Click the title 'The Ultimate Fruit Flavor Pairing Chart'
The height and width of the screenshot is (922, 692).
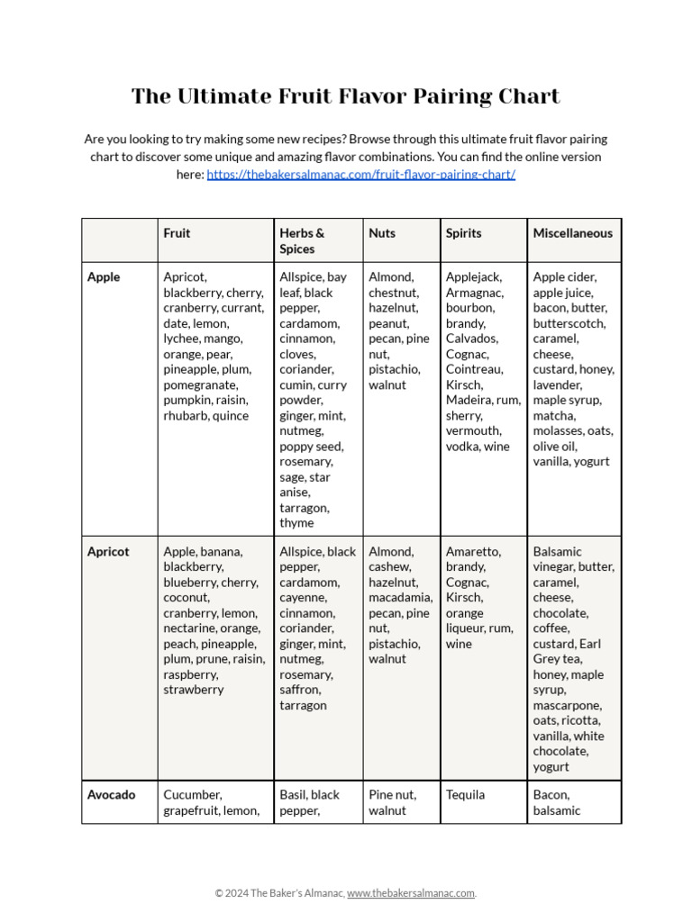345,96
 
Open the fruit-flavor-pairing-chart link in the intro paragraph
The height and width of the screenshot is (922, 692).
360,175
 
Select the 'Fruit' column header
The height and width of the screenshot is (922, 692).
177,233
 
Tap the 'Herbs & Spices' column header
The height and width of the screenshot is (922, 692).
302,240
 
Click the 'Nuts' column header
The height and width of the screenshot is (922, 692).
382,233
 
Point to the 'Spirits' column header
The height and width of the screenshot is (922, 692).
463,233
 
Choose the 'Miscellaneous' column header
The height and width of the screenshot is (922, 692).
572,233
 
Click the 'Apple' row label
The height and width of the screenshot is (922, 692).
104,277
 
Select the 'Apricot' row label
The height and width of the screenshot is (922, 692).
108,552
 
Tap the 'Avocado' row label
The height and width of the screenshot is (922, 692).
112,795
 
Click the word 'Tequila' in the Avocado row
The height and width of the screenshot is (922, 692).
465,795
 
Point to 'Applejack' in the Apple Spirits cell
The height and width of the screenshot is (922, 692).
474,277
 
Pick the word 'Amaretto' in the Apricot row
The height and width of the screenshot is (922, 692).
473,552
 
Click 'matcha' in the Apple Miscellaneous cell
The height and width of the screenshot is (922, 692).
554,415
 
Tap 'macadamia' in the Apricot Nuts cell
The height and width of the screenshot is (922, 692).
400,598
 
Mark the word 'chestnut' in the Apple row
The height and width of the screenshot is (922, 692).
393,293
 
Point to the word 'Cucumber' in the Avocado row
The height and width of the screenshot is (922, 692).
191,795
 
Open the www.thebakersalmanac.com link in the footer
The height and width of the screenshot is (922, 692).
411,893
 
